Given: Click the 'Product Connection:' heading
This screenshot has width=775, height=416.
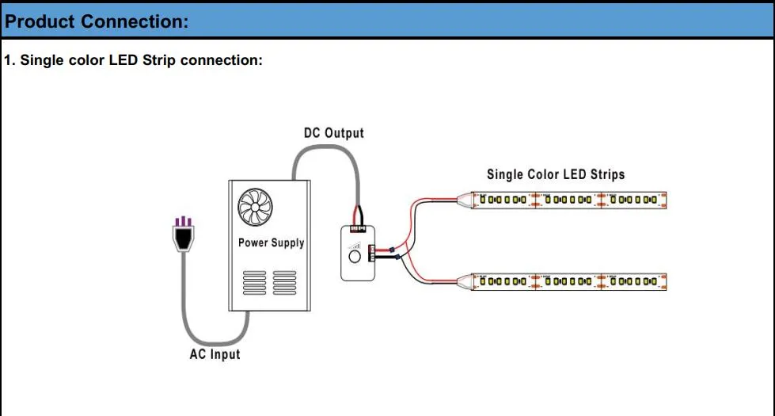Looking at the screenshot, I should pyautogui.click(x=97, y=21).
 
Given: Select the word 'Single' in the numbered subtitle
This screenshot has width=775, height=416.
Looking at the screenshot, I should pyautogui.click(x=42, y=61).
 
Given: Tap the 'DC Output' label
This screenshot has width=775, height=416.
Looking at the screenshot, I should pyautogui.click(x=333, y=133).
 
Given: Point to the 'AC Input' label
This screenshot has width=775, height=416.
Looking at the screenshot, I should pyautogui.click(x=215, y=354).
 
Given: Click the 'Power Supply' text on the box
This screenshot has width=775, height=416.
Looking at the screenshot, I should pyautogui.click(x=271, y=242).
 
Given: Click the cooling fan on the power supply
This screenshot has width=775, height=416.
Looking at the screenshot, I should pyautogui.click(x=255, y=208).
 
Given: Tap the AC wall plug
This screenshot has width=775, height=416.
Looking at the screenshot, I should pyautogui.click(x=184, y=235).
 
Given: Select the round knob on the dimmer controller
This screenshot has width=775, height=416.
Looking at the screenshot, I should pyautogui.click(x=355, y=256).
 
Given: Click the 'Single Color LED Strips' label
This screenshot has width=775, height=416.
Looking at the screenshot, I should pyautogui.click(x=556, y=174).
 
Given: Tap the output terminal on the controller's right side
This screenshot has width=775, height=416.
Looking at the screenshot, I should pyautogui.click(x=374, y=250).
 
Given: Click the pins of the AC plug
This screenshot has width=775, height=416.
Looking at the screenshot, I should pyautogui.click(x=184, y=221).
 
